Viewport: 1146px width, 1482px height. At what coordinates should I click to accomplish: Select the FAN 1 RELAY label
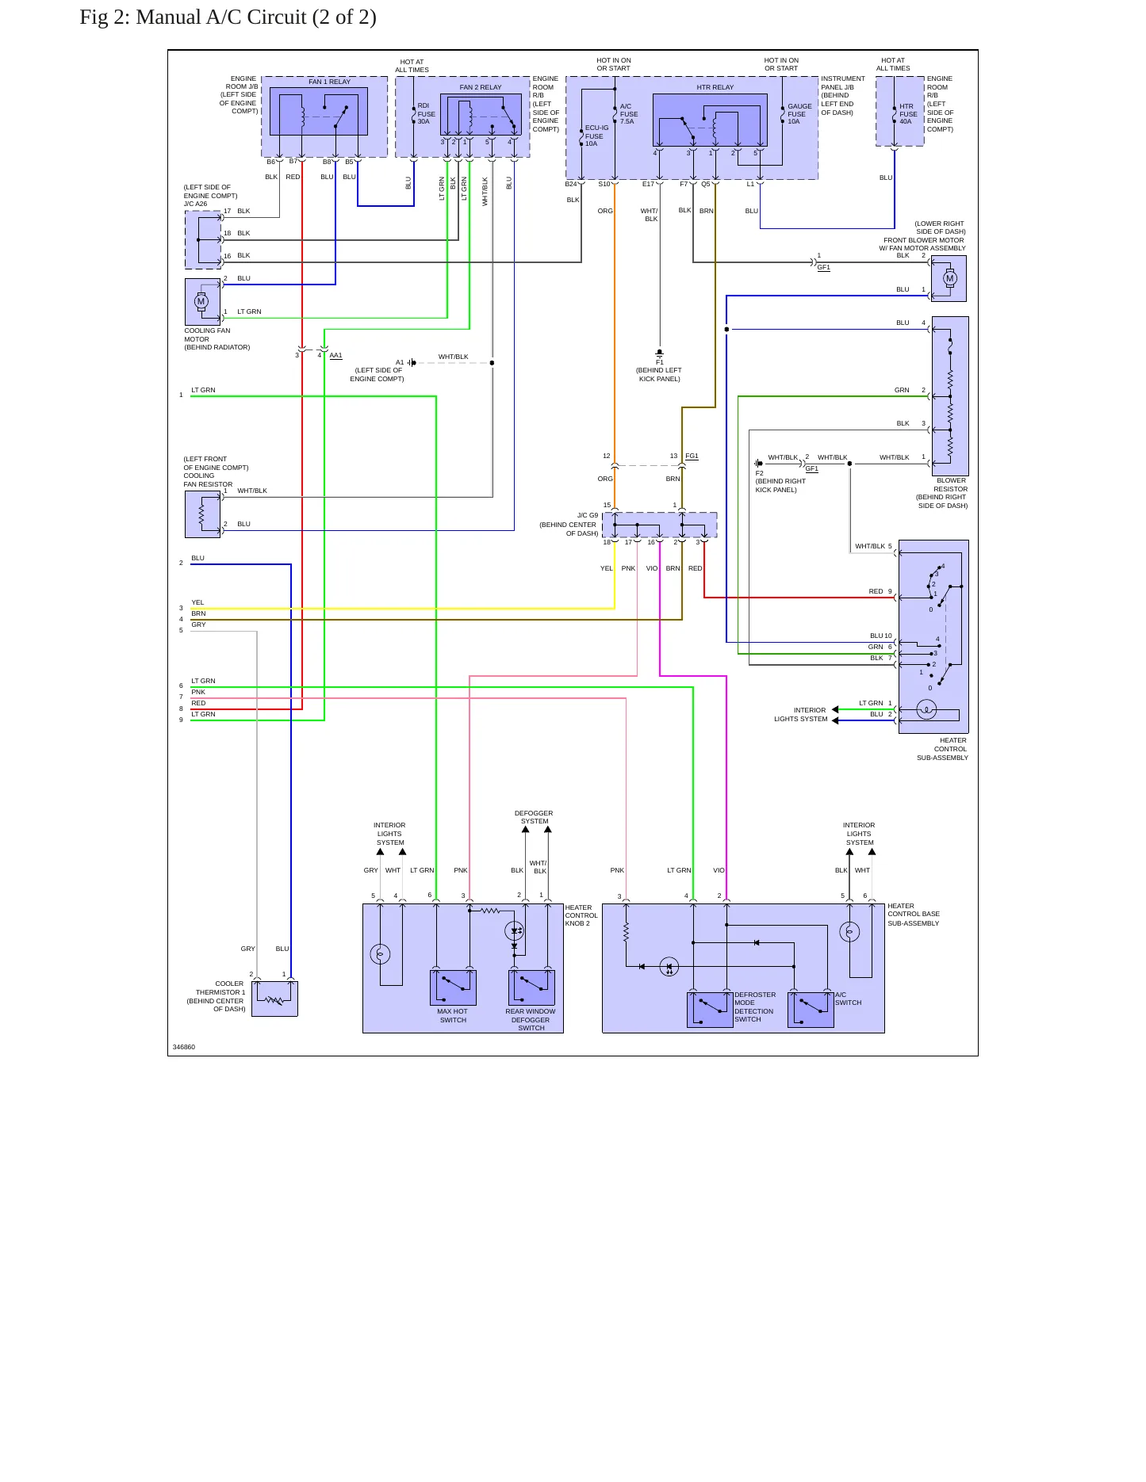(329, 82)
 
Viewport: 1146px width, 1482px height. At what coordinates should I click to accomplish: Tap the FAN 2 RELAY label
(481, 87)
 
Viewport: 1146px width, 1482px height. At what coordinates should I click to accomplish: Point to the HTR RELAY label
(715, 87)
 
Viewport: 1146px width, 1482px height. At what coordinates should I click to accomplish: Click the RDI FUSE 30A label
(427, 113)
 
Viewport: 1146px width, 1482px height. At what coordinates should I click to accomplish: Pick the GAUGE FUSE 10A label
(799, 113)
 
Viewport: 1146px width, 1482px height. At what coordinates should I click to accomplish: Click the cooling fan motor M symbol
(201, 301)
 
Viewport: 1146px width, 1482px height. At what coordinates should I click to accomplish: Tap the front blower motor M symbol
(950, 278)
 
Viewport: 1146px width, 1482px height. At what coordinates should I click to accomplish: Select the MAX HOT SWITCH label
(453, 1015)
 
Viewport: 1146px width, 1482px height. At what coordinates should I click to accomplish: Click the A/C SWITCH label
(848, 999)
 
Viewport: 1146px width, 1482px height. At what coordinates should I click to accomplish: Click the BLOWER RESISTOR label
(951, 484)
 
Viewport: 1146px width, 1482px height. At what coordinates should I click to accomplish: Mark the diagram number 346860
(184, 1047)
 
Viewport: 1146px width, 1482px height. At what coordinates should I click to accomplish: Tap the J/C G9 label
(588, 515)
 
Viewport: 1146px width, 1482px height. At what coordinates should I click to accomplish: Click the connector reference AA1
(335, 355)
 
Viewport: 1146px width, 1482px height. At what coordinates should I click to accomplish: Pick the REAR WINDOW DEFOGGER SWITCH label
(531, 1019)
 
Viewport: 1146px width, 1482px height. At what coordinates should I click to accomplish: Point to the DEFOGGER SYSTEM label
(534, 817)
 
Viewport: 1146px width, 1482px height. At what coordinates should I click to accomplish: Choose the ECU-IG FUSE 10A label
(596, 136)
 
